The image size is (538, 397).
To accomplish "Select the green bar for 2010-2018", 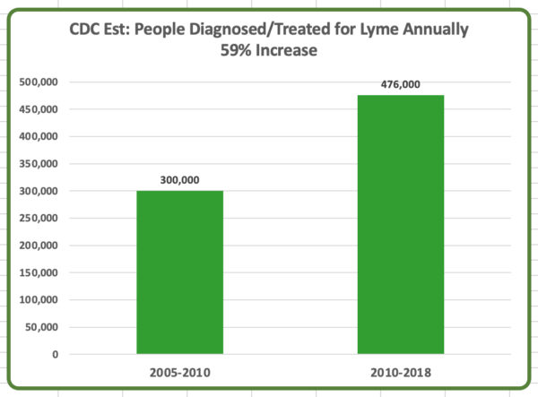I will [401, 224].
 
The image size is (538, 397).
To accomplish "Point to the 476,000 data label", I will [401, 84].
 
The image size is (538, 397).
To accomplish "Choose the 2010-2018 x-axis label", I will [401, 370].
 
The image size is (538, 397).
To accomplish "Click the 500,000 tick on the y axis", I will [39, 82].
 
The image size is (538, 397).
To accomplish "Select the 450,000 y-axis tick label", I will [39, 109].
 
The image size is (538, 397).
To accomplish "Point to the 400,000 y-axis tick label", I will [39, 136].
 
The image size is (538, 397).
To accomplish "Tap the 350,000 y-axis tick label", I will [39, 164].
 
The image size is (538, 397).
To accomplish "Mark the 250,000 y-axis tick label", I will [39, 218].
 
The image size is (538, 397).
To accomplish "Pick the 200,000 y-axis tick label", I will [39, 246].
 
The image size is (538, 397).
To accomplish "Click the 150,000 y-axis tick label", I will [39, 272].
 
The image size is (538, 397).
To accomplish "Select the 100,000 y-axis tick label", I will [39, 299].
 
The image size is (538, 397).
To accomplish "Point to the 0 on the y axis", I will [56, 354].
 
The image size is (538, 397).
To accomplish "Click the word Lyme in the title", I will [381, 30].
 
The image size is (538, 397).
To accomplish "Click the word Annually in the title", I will [437, 30].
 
